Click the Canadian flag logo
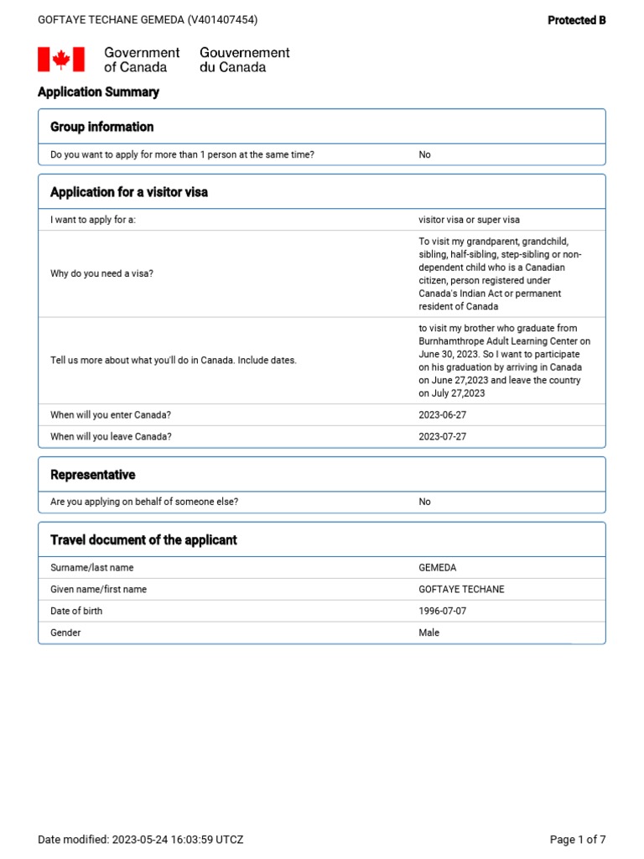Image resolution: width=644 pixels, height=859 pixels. coord(61,60)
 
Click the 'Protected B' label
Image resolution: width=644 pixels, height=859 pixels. coord(576,20)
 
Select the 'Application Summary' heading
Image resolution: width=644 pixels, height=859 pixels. coord(98,92)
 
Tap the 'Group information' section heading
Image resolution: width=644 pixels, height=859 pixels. coord(101,127)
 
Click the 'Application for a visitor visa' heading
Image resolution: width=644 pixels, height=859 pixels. coord(129,192)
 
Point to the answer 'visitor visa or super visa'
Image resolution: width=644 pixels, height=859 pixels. coord(469,220)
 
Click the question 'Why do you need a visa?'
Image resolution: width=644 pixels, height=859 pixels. coord(101,274)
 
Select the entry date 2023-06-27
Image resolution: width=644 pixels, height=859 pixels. coord(443,415)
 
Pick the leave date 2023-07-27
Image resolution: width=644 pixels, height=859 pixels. coord(443,437)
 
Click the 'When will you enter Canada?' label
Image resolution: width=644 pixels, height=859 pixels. coord(111,415)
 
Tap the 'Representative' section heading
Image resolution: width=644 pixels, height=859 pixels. coord(92,475)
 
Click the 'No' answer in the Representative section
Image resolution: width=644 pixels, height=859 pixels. coord(424,502)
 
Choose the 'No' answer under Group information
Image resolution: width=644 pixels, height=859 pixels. coord(424,155)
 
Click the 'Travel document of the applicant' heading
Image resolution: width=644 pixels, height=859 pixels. coord(143,540)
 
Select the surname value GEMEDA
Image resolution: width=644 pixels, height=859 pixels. coord(438,568)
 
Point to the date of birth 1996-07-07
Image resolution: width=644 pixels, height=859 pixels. coord(443,612)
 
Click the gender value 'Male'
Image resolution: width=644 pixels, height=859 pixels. coord(428,633)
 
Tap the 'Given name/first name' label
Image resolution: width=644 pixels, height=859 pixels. coord(98,590)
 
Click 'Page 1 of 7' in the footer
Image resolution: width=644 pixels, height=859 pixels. coord(577,840)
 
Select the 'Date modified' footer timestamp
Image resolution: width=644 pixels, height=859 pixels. coord(141,840)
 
